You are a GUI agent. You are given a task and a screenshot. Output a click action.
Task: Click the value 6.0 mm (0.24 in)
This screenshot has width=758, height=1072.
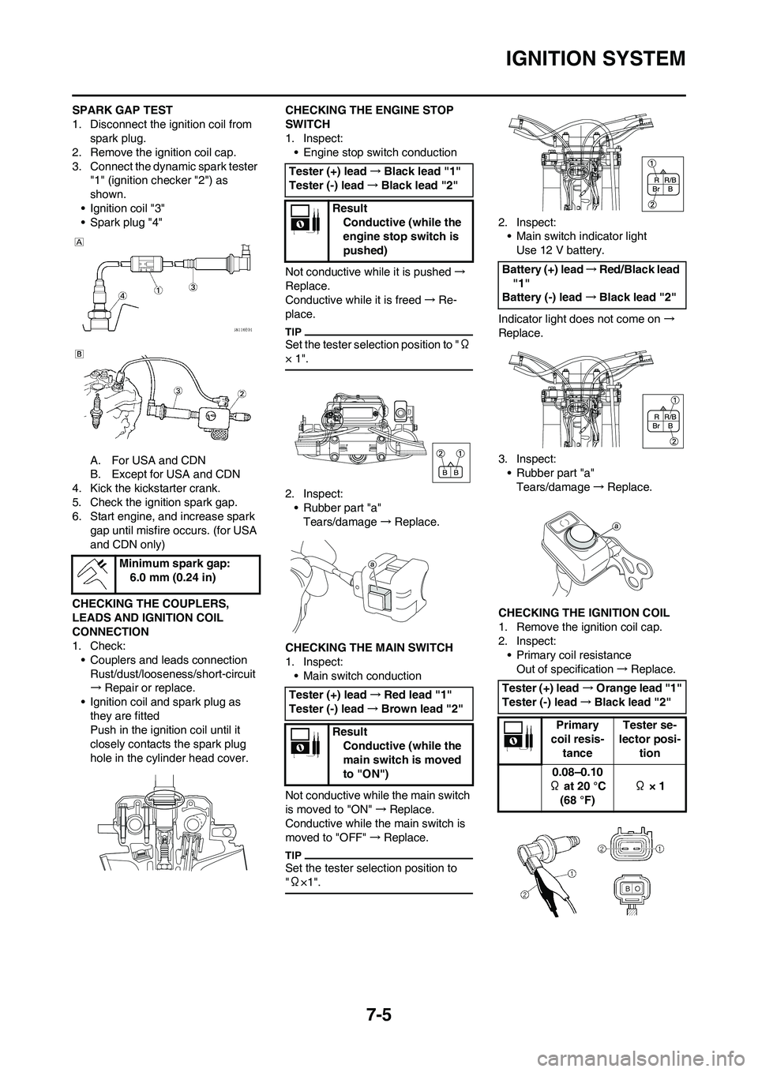pos(169,577)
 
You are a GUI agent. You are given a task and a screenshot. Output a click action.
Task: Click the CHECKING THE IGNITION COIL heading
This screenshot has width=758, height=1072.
pos(584,612)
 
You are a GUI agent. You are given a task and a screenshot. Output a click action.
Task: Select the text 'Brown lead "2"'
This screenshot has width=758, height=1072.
pos(422,708)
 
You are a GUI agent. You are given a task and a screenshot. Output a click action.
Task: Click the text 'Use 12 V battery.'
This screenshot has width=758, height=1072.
pos(561,249)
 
